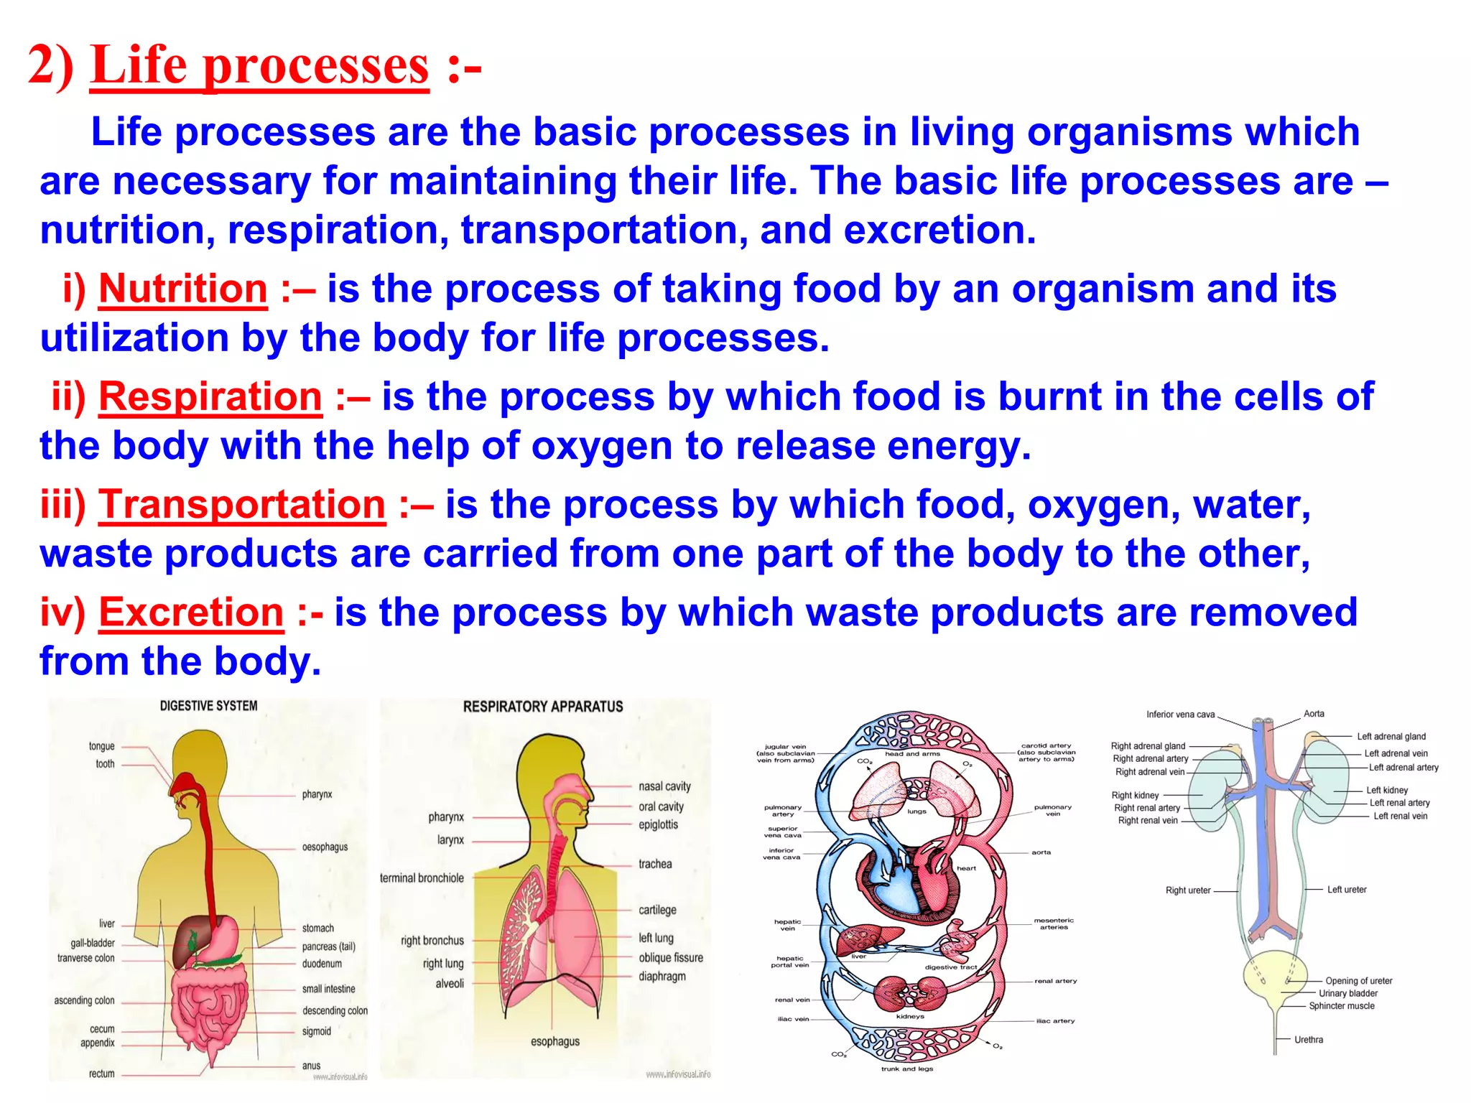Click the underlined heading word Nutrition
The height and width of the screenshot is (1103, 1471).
[x=182, y=289]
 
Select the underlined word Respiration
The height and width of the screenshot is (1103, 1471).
[x=210, y=396]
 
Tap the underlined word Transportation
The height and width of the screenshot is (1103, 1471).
[x=242, y=504]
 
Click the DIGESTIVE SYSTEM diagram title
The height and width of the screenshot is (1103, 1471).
[x=208, y=706]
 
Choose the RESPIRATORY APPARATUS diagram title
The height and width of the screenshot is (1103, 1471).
[x=543, y=707]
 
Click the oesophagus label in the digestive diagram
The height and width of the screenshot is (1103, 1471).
[x=325, y=847]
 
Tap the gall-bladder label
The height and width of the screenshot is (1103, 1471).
[x=93, y=943]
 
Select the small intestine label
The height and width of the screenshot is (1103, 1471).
[x=328, y=989]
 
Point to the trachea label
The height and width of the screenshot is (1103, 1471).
[x=655, y=864]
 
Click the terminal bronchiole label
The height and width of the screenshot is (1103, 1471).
[x=422, y=878]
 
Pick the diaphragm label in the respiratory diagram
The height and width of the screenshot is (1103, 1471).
[x=662, y=976]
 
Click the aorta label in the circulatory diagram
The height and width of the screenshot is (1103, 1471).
[x=1041, y=852]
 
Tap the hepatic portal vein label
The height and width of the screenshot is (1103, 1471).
[x=789, y=962]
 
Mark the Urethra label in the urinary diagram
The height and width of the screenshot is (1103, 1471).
[x=1308, y=1039]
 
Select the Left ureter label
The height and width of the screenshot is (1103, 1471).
[x=1346, y=889]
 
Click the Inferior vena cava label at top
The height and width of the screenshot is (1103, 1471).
[x=1180, y=715]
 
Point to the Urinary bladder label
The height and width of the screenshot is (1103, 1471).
[x=1347, y=993]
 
